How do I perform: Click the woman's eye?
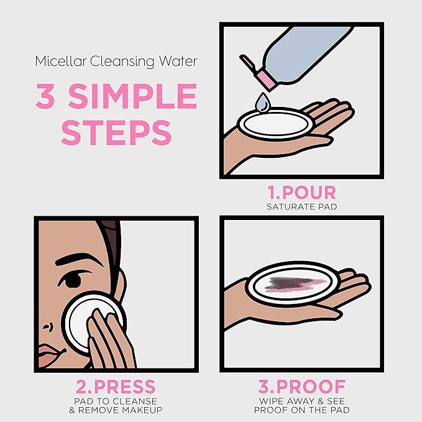coord(71,279)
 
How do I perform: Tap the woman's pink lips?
coord(51,355)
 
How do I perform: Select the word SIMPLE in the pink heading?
coord(132,96)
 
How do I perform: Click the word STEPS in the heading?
coord(116,132)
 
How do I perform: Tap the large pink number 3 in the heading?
coord(46,96)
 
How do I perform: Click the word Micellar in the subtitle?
coord(61,61)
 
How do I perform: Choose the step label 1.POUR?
coord(301,193)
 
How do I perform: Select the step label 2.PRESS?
coord(116,387)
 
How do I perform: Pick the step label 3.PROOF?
coord(301,387)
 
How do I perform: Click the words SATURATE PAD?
coord(301,207)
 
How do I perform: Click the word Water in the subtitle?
coord(178,61)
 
